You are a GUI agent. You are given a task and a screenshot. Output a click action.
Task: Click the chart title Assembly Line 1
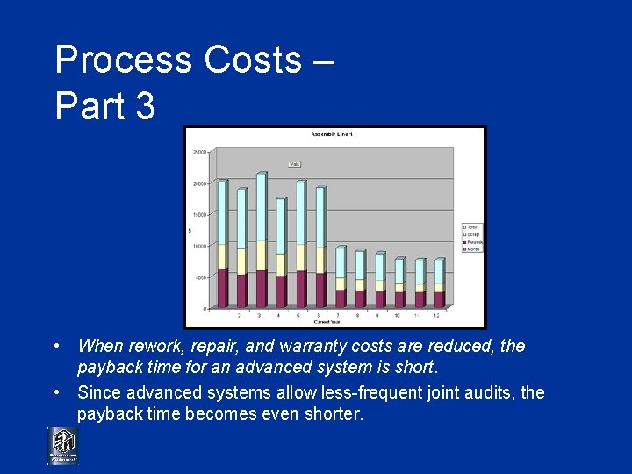coord(332,134)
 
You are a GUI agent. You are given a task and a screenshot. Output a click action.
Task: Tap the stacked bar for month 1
coord(222,246)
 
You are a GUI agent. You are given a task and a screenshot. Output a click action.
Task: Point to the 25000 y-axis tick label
coord(199,152)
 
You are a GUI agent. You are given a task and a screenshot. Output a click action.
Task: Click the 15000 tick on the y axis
coord(199,215)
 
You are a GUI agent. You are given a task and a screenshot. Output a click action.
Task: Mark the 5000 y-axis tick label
coord(201,277)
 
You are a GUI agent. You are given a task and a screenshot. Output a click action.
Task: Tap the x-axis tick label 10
coord(398,315)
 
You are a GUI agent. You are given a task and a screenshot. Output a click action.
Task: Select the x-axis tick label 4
coord(279,315)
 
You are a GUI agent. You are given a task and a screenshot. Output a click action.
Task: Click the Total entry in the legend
coord(472,226)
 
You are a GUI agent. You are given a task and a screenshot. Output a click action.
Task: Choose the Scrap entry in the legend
coord(472,234)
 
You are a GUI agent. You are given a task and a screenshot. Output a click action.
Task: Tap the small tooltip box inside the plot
coord(295,163)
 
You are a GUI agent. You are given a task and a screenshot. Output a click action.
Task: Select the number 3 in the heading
coord(145,106)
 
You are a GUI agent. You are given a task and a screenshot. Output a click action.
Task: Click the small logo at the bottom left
coord(62,446)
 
